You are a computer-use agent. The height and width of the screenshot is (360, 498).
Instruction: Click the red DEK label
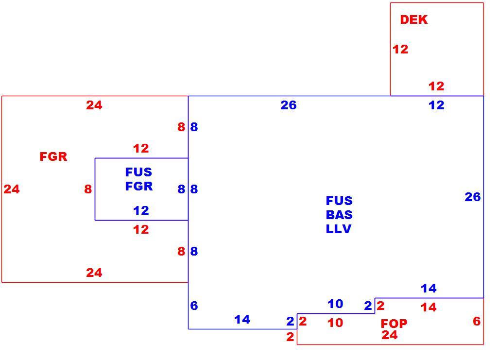click(413, 20)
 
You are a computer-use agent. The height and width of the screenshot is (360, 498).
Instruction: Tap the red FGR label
click(53, 156)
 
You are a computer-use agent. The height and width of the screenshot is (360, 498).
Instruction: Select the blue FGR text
click(139, 186)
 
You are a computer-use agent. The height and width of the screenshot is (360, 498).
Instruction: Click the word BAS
click(339, 215)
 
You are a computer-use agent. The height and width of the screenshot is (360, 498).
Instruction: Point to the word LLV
click(339, 229)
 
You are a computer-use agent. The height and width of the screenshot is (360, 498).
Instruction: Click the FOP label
click(394, 324)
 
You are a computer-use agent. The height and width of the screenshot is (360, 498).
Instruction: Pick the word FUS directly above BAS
click(339, 201)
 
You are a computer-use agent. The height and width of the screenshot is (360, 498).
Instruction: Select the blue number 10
click(335, 304)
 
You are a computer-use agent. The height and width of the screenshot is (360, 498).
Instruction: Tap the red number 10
click(335, 323)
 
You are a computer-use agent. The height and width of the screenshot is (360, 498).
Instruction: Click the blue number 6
click(194, 306)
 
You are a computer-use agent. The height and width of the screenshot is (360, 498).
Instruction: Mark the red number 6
click(477, 321)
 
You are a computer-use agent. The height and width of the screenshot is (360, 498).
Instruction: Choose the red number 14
click(429, 308)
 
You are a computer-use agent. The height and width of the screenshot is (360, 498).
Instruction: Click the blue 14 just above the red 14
click(429, 288)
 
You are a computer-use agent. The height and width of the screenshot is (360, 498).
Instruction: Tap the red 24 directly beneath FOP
click(390, 335)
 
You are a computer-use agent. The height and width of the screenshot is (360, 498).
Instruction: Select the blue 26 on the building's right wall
click(473, 197)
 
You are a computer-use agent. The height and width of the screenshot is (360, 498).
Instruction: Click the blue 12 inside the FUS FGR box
click(141, 210)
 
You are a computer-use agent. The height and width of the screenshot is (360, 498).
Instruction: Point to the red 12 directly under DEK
click(400, 49)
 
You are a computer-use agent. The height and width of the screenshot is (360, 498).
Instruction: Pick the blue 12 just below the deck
click(436, 105)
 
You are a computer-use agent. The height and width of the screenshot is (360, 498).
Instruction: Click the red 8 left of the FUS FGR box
click(88, 189)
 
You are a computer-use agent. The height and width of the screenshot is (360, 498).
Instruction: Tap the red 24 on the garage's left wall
click(12, 189)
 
